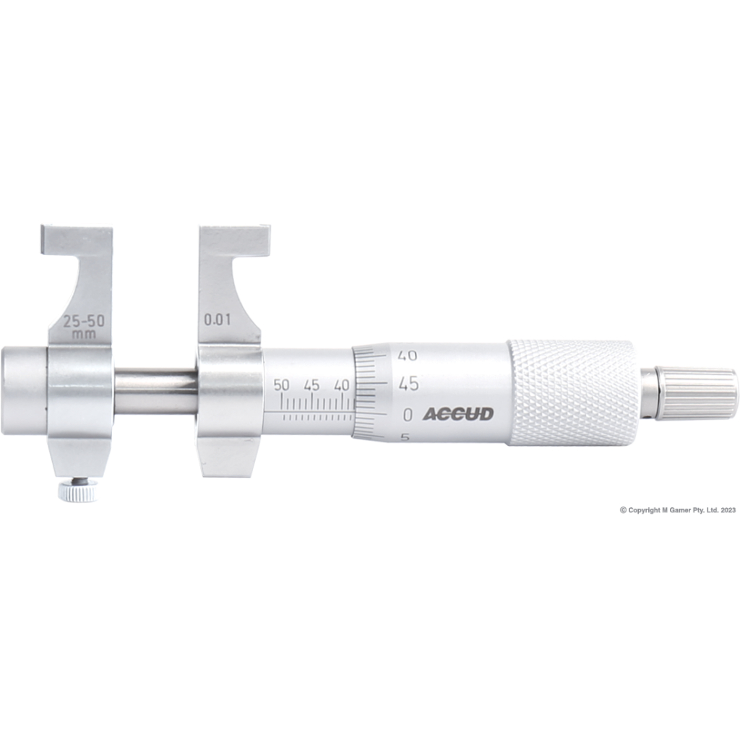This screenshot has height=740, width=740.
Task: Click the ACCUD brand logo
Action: (x=457, y=414)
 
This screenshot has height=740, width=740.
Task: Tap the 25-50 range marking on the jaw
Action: (x=81, y=323)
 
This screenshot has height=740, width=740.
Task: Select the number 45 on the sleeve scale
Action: (x=311, y=385)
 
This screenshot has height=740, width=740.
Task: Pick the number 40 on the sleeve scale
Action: (x=342, y=385)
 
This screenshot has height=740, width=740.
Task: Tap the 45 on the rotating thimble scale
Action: (x=408, y=383)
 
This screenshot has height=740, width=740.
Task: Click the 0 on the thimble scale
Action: (x=408, y=415)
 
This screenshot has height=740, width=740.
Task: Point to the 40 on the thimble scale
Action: (x=408, y=355)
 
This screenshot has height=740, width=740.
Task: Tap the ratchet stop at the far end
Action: (x=694, y=394)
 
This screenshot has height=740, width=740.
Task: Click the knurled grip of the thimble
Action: (x=571, y=392)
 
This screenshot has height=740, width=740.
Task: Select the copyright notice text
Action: (x=677, y=509)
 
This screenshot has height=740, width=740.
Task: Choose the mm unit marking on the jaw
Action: (x=80, y=335)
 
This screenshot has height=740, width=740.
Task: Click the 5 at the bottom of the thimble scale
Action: (x=405, y=437)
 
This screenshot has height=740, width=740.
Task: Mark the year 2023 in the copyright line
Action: (x=727, y=509)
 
